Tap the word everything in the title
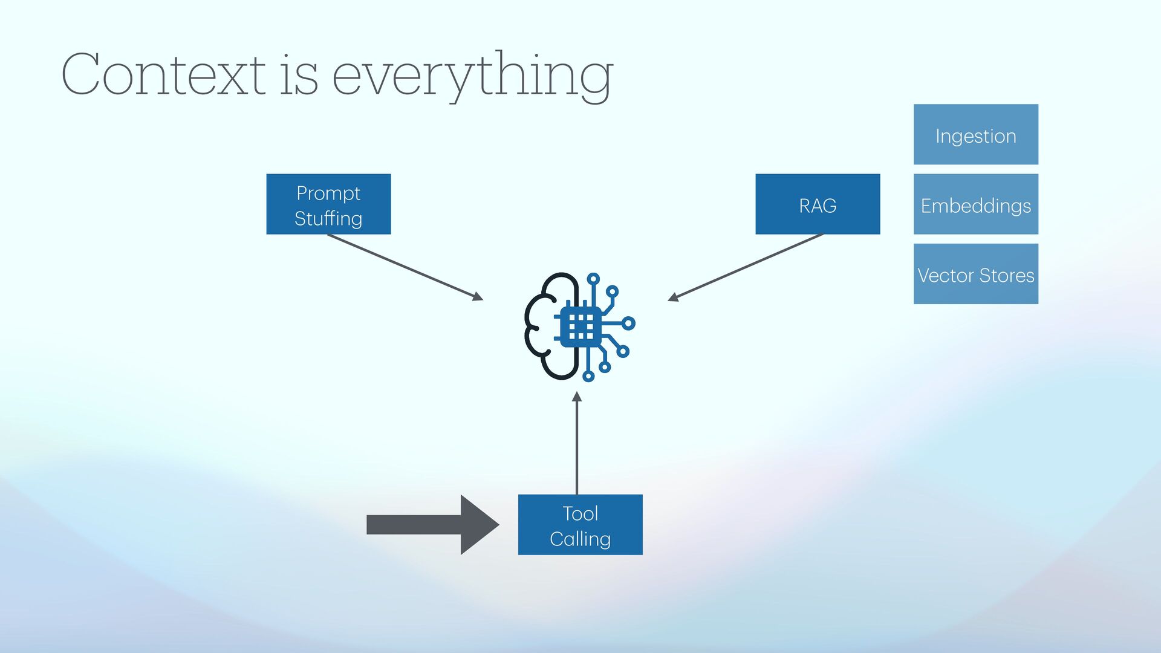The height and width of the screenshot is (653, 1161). pos(472,76)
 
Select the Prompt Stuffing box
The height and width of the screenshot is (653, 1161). pos(328,204)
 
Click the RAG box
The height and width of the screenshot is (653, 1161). pos(818,204)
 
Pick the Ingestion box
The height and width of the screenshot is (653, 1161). pos(975,134)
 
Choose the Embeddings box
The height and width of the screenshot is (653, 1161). pos(975,204)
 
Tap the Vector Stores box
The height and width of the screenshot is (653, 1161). pos(975,274)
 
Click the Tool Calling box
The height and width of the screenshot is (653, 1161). pos(580,525)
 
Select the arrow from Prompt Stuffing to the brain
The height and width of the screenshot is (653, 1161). pos(405,267)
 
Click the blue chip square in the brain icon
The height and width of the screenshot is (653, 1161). pos(581,326)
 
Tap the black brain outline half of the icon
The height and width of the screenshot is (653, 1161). pos(547,326)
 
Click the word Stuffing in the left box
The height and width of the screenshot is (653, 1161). pos(328,218)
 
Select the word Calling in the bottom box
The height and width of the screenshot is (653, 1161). pos(580,539)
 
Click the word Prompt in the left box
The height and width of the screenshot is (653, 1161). pos(328,193)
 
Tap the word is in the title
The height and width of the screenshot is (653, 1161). pos(298,76)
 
